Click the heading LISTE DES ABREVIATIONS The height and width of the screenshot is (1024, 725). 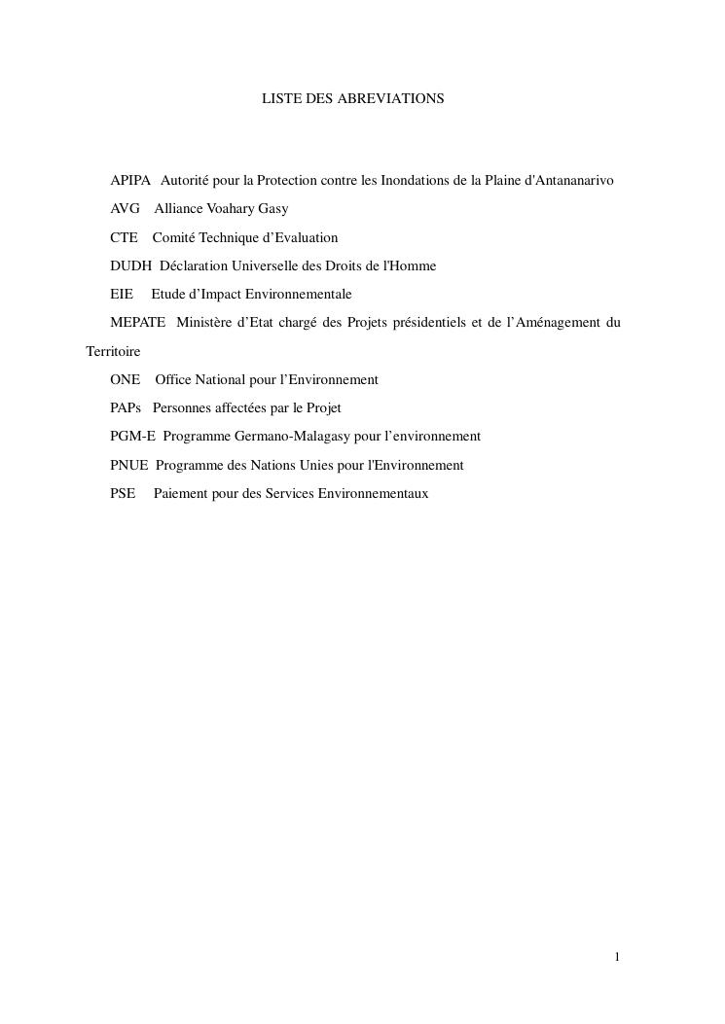click(x=352, y=99)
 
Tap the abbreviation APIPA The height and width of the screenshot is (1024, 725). click(x=130, y=181)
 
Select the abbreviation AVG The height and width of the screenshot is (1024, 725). click(x=125, y=209)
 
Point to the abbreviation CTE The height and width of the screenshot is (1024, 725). click(x=124, y=237)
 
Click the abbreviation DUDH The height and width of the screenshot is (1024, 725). click(x=130, y=265)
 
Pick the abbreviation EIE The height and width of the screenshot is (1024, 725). click(x=122, y=294)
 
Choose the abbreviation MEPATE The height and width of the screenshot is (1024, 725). click(x=137, y=322)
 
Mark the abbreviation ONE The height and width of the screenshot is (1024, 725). click(x=125, y=379)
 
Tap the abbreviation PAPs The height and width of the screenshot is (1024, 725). click(x=127, y=408)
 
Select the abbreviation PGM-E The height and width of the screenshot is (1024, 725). click(x=132, y=437)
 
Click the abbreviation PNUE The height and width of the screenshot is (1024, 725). click(x=129, y=465)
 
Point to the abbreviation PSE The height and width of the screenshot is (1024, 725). click(x=123, y=493)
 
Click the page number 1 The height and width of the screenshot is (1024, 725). click(x=617, y=957)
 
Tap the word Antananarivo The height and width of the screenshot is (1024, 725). click(x=568, y=181)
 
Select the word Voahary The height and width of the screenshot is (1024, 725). click(x=230, y=209)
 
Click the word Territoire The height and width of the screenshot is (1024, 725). click(x=114, y=351)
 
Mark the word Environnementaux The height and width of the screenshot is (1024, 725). click(x=373, y=493)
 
